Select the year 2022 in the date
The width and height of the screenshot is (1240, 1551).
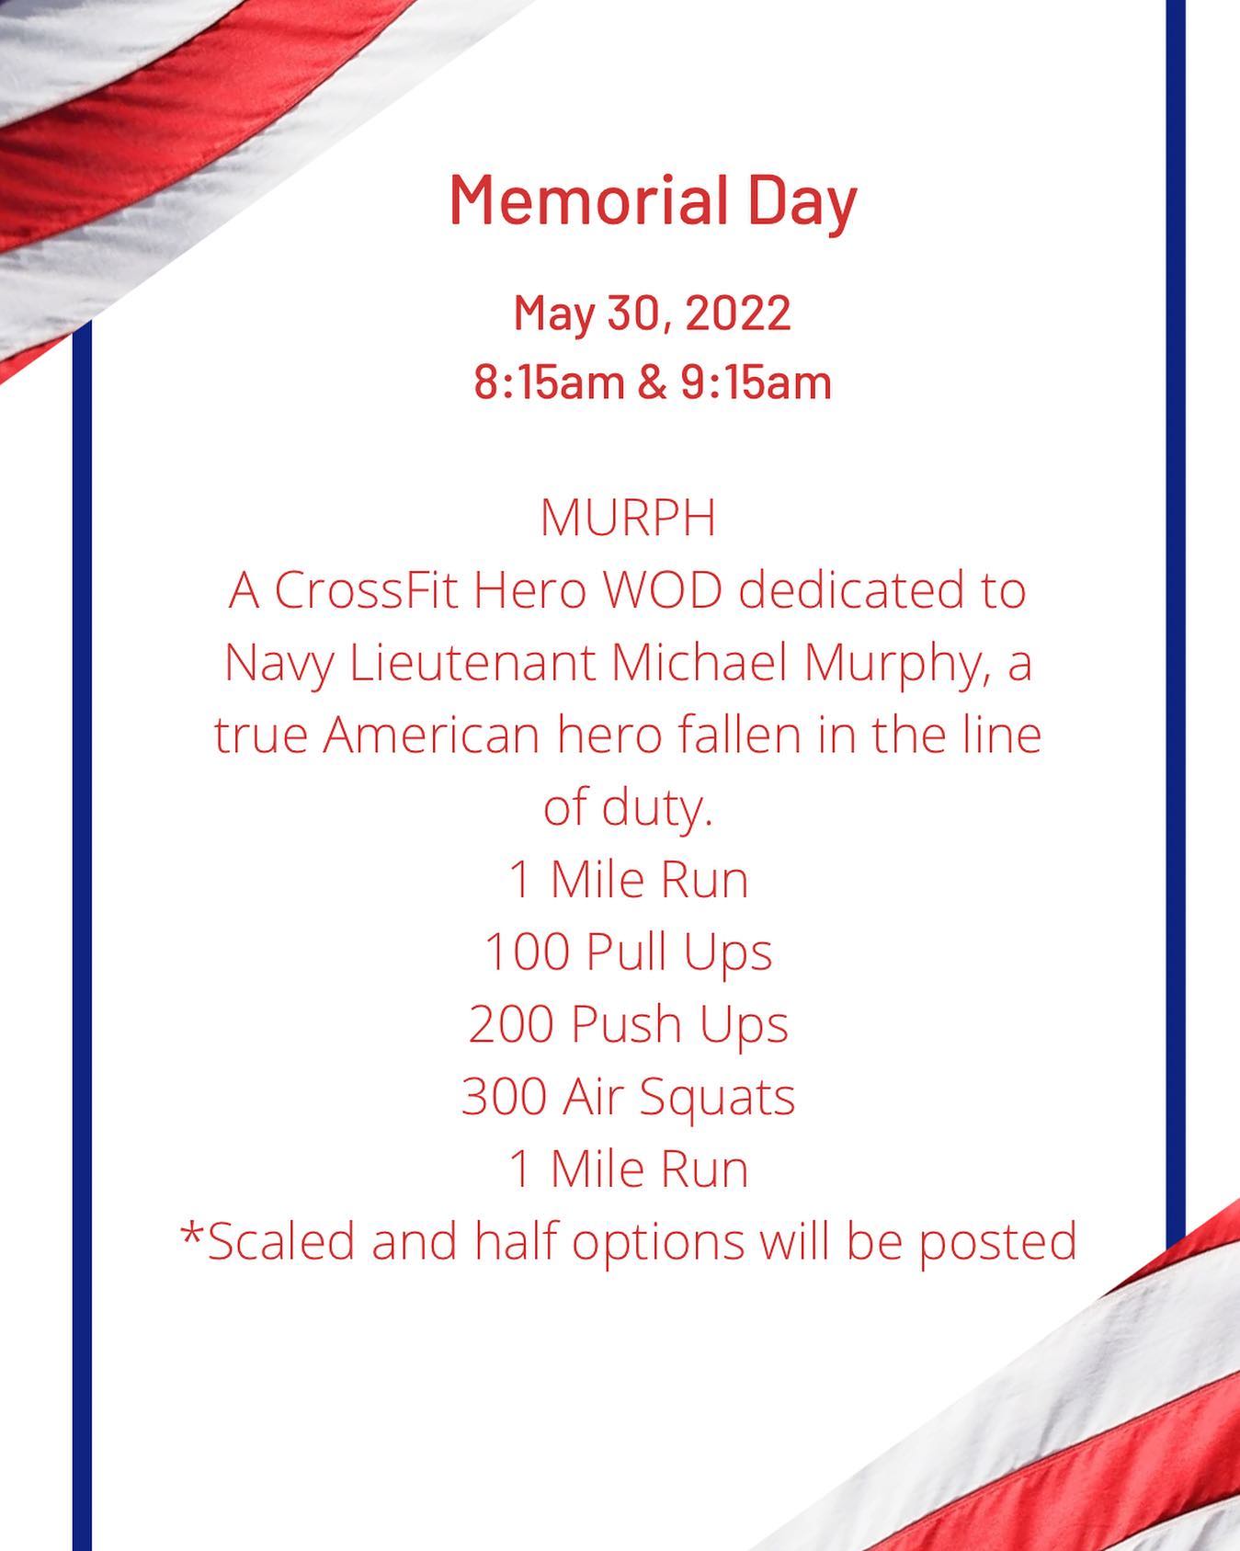tap(738, 313)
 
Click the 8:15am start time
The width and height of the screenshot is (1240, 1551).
tap(549, 382)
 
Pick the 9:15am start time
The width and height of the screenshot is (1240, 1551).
tap(757, 382)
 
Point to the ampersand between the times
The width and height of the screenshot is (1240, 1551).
tap(652, 382)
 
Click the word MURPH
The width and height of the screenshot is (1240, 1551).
tap(628, 518)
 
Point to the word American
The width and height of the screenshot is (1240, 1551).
tap(431, 736)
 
